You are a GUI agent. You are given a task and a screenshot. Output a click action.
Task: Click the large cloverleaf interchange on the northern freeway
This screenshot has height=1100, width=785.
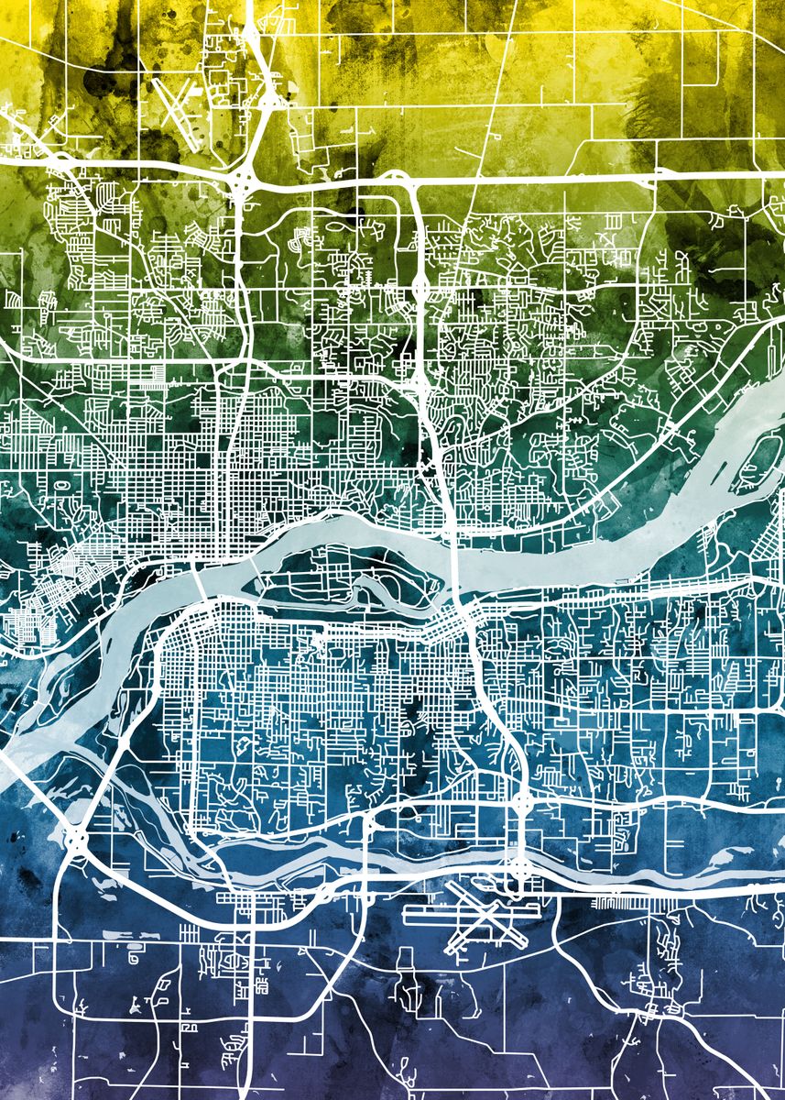[243, 181]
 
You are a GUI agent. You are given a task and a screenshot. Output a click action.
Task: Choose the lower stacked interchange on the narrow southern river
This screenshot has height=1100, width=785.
[519, 864]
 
